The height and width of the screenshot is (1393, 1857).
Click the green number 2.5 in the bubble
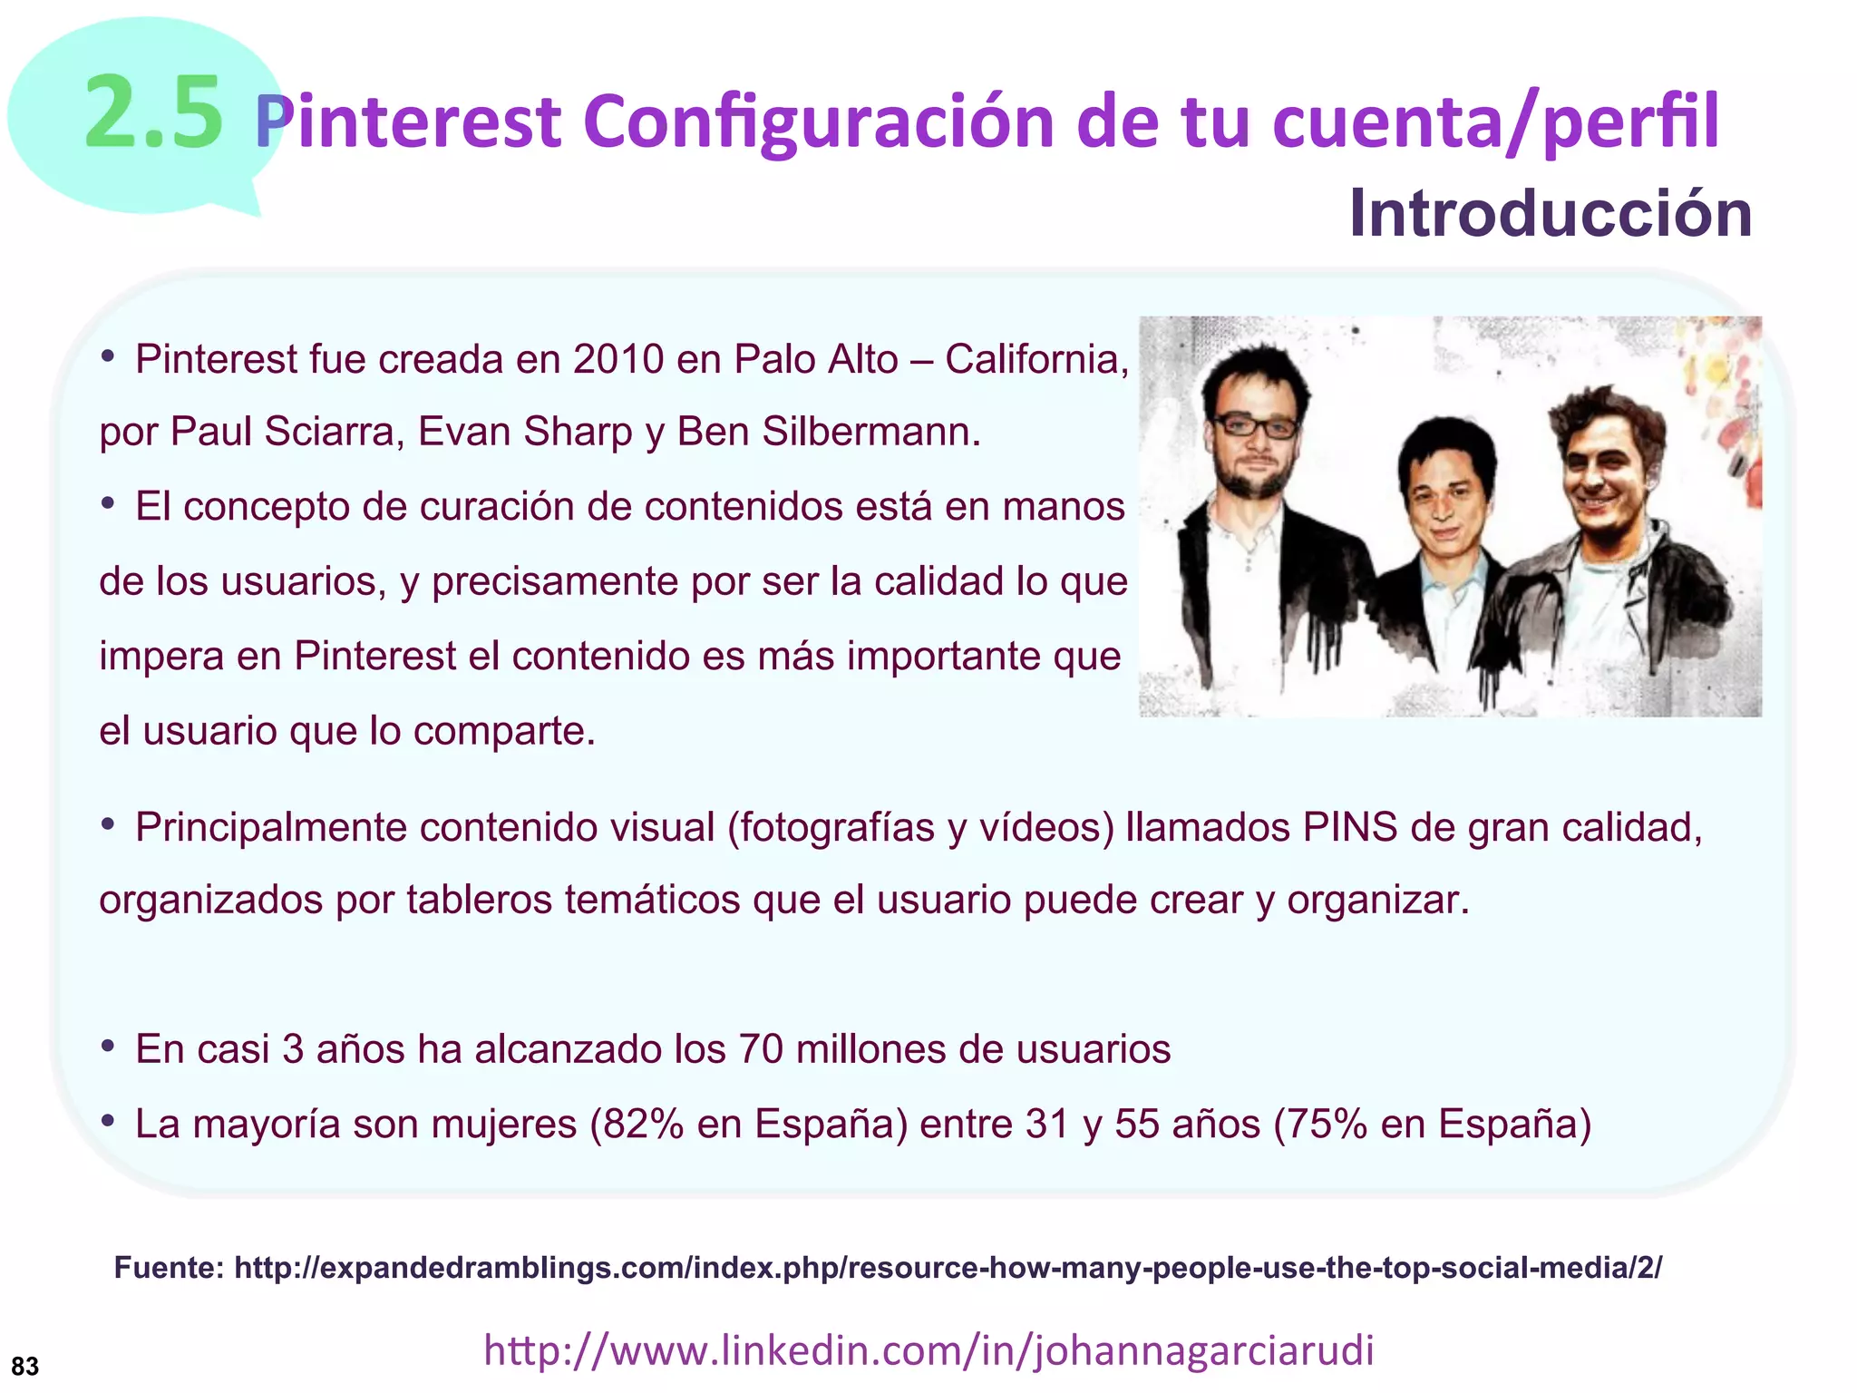(x=152, y=113)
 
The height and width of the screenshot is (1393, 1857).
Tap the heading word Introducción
(x=1550, y=214)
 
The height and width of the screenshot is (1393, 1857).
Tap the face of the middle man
(x=1444, y=503)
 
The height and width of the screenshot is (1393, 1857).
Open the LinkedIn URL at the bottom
(x=928, y=1350)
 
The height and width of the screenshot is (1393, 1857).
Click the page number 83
(x=25, y=1366)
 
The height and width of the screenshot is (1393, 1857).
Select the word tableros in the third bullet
(x=479, y=901)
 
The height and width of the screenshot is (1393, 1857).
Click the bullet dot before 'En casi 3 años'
(x=108, y=1047)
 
